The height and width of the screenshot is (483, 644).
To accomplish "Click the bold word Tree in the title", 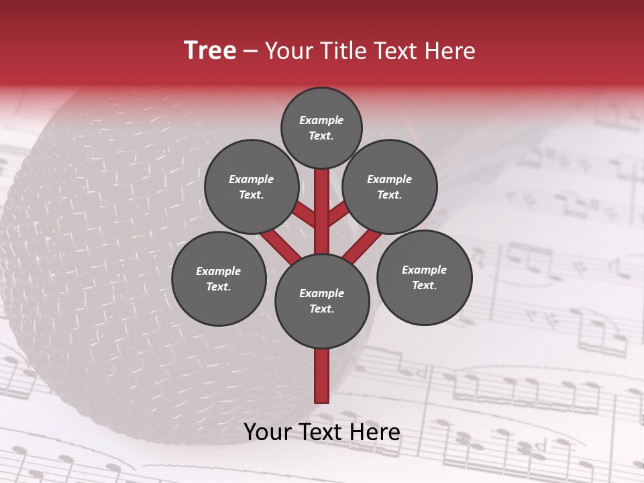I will coord(210,50).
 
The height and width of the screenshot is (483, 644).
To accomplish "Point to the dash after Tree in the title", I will coord(250,51).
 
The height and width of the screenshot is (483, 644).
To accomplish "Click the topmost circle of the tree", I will coord(321,127).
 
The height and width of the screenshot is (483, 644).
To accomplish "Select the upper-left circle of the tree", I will coord(251,186).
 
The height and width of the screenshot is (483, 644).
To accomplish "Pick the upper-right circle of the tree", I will coord(390,186).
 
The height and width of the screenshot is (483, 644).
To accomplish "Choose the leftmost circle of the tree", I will coord(219,278).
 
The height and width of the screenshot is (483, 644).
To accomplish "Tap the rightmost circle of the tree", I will coord(424,277).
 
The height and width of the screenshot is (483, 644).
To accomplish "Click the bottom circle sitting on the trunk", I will coord(322,301).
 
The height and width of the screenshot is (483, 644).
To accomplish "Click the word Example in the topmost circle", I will coord(321,120).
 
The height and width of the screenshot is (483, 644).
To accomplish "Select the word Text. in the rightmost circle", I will coord(424,285).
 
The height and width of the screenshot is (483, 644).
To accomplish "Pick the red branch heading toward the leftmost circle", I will coord(280,246).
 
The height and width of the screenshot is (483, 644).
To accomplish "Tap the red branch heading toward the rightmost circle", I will coord(362,246).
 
